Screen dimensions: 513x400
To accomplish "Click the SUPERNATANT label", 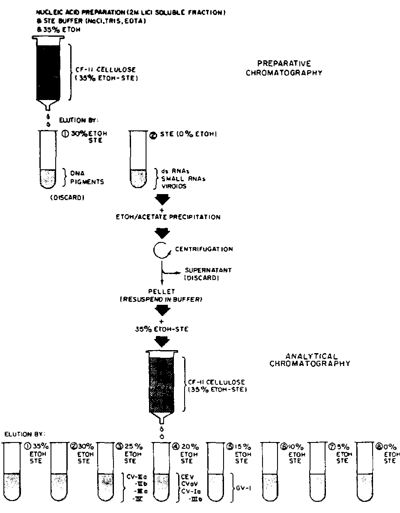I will point(202,270).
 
